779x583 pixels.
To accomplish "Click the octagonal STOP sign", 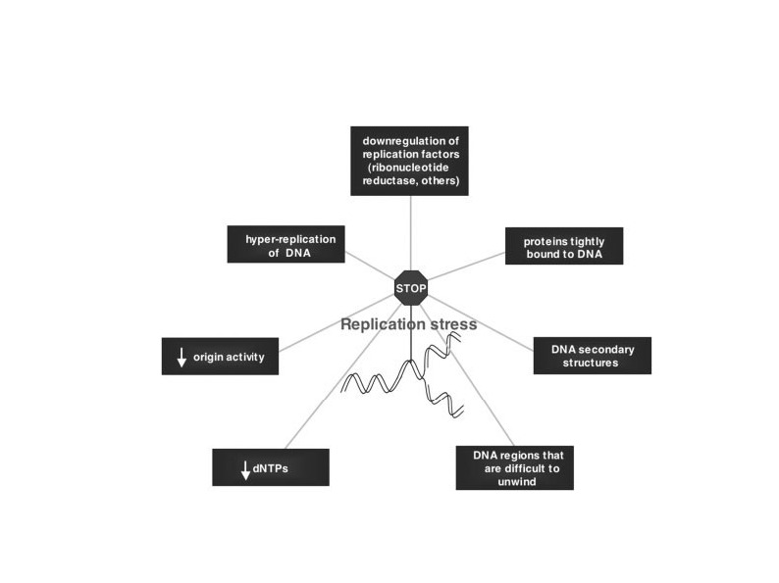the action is pyautogui.click(x=410, y=288).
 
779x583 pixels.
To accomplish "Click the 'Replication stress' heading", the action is pyautogui.click(x=408, y=323).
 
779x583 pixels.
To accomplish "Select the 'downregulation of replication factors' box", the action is pyautogui.click(x=410, y=161).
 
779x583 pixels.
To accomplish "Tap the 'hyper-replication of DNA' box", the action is pyautogui.click(x=285, y=243).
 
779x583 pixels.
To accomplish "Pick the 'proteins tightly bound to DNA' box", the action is pyautogui.click(x=564, y=247).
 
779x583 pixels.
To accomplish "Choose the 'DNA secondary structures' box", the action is pyautogui.click(x=592, y=356).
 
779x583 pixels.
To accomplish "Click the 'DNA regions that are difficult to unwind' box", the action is pyautogui.click(x=515, y=467).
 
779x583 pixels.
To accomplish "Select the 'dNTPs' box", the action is pyautogui.click(x=270, y=467).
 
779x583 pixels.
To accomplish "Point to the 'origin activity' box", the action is pyautogui.click(x=220, y=357).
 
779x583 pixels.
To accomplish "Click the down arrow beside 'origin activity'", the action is pyautogui.click(x=182, y=358).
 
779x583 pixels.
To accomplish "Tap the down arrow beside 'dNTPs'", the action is pyautogui.click(x=245, y=469).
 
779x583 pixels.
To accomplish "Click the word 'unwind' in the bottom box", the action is pyautogui.click(x=516, y=480).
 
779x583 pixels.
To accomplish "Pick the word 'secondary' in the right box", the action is pyautogui.click(x=603, y=350).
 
